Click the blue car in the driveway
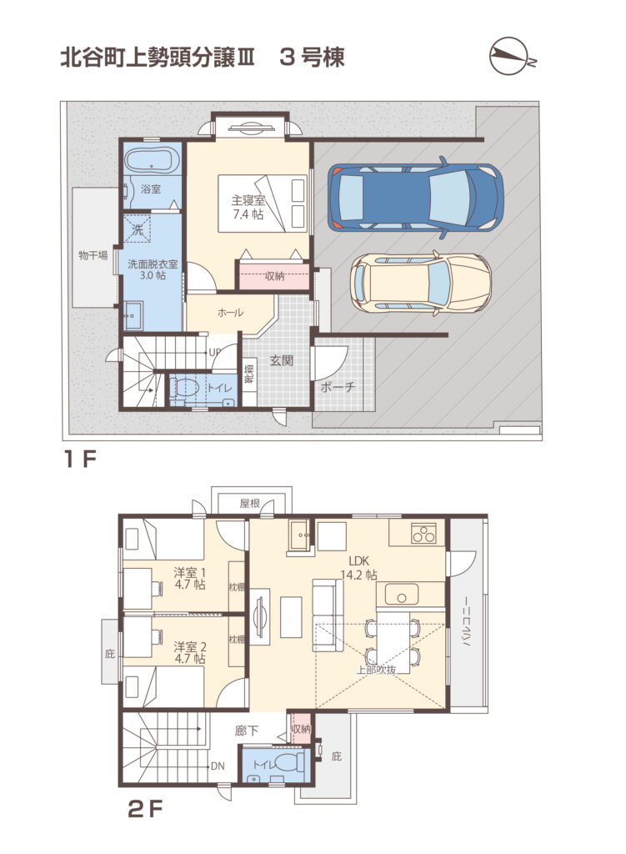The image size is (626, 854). (415, 198)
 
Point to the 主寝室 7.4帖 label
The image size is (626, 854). (248, 208)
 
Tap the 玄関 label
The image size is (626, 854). (282, 360)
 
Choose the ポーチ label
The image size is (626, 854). (338, 387)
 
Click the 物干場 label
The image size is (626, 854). (93, 255)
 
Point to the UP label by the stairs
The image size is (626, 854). (214, 353)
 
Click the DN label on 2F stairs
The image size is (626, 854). (218, 766)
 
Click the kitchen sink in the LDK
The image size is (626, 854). (401, 594)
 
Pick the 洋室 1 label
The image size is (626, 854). (190, 579)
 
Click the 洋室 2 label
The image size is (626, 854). (190, 652)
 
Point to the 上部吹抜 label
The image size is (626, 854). (376, 670)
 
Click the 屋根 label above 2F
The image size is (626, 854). (250, 503)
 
